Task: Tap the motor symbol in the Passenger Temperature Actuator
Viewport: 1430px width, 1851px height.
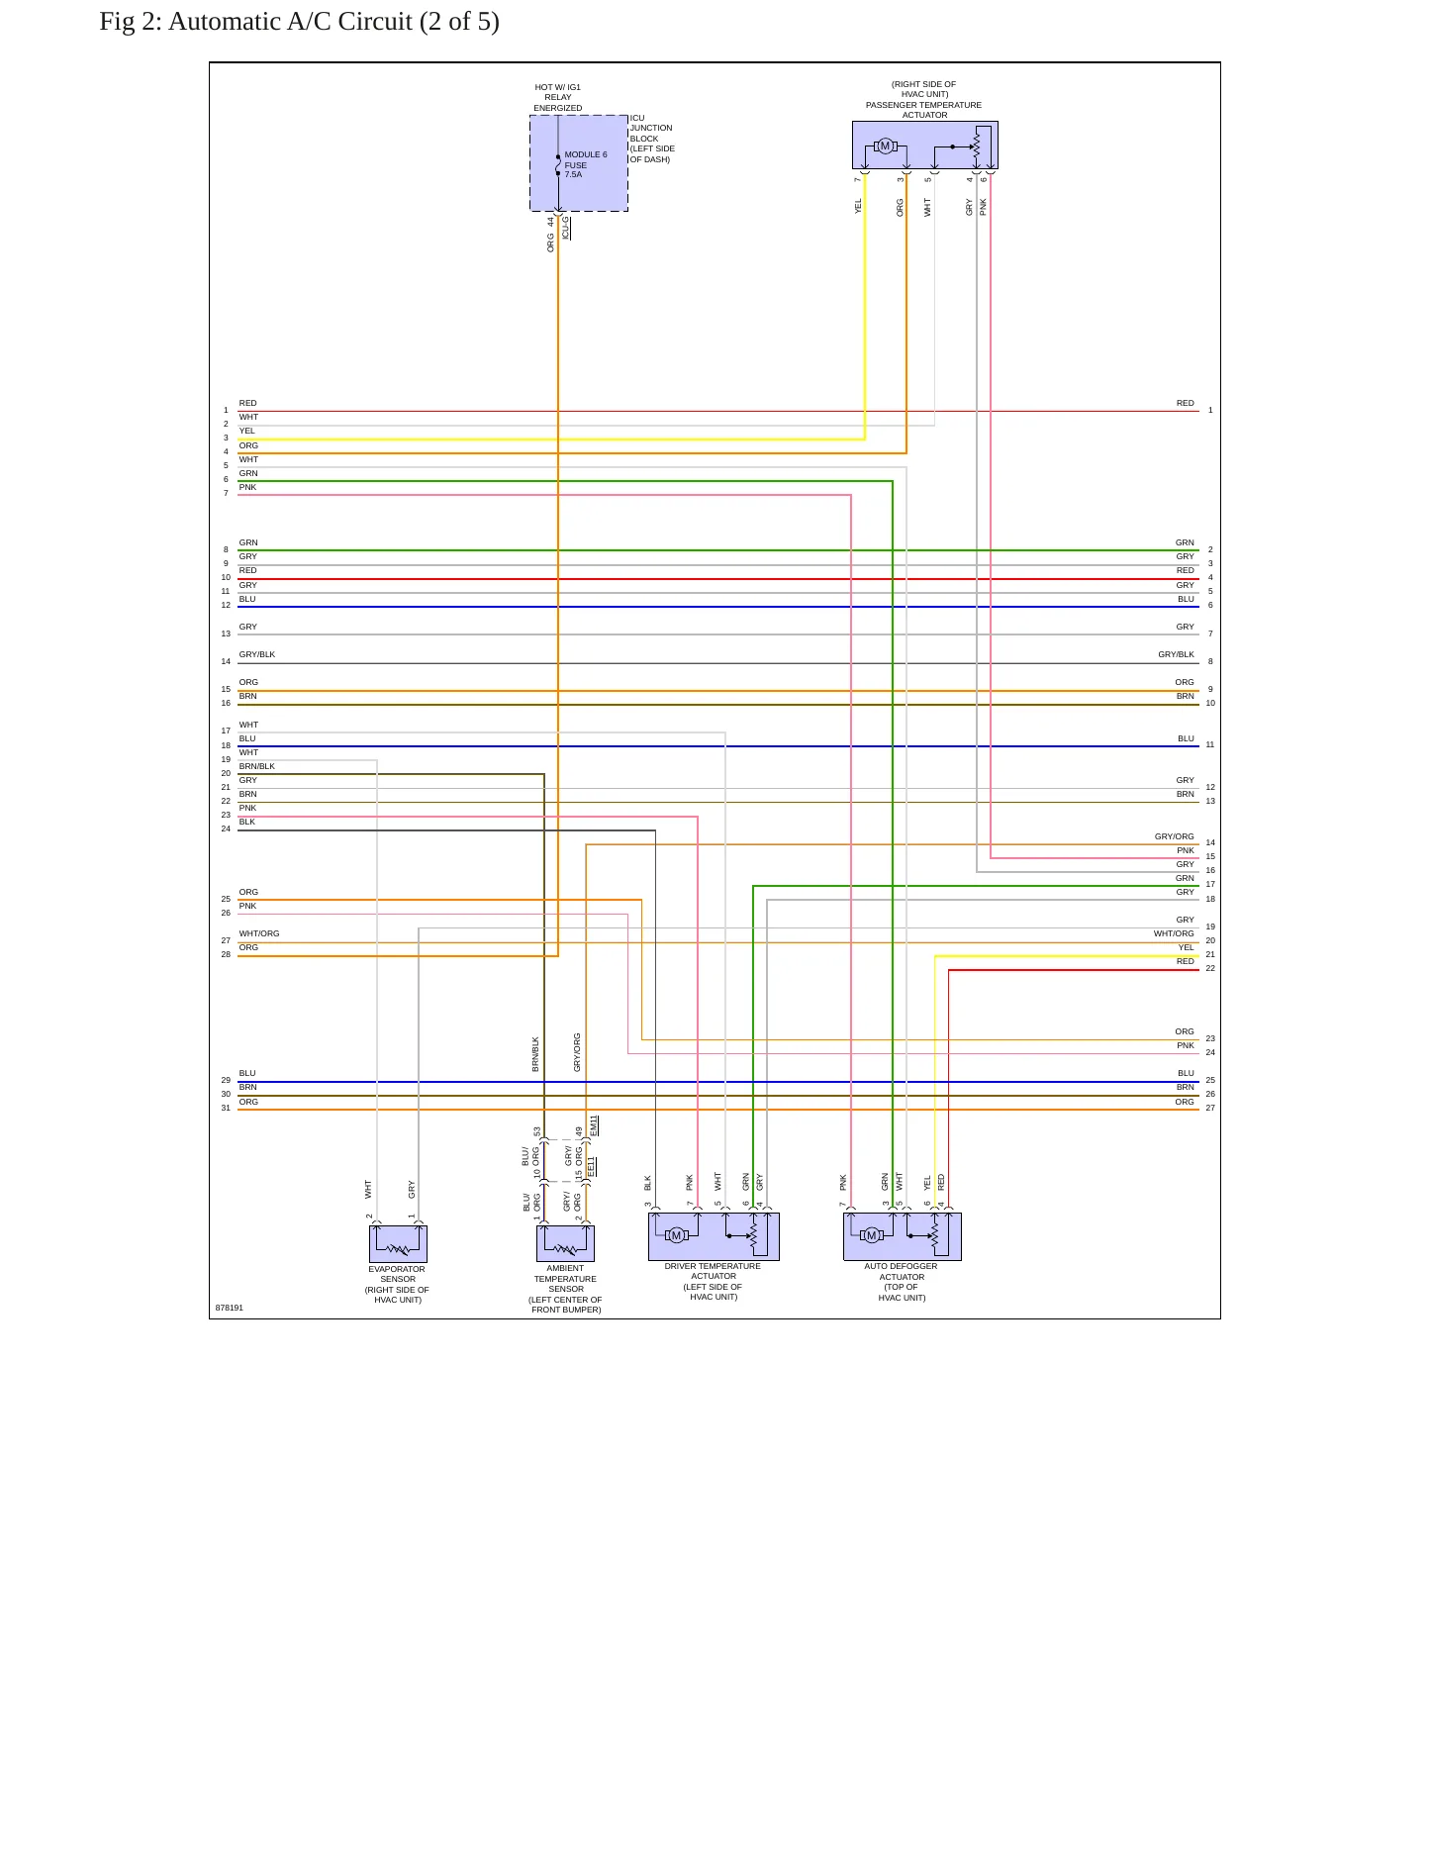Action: pyautogui.click(x=885, y=146)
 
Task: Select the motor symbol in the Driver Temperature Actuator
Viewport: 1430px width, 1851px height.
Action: pyautogui.click(x=677, y=1235)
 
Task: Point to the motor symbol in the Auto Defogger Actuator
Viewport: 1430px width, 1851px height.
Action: pyautogui.click(x=871, y=1235)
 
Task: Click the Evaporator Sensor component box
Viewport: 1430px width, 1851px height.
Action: pyautogui.click(x=398, y=1243)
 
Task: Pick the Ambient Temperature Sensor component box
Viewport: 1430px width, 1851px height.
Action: pyautogui.click(x=565, y=1243)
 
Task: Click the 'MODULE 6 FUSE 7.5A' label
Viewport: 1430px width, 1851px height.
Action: pyautogui.click(x=585, y=164)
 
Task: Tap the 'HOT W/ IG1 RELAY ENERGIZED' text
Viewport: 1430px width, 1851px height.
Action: pyautogui.click(x=558, y=97)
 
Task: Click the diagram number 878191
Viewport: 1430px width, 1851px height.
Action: pyautogui.click(x=230, y=1308)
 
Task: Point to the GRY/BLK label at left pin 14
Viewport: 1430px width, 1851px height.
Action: pyautogui.click(x=257, y=654)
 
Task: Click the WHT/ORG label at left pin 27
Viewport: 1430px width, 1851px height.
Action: pyautogui.click(x=259, y=933)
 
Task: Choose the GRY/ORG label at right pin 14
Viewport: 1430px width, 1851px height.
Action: pyautogui.click(x=1175, y=836)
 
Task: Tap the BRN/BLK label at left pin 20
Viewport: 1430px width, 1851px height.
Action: pyautogui.click(x=257, y=766)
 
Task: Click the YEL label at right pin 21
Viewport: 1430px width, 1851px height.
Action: pyautogui.click(x=1187, y=947)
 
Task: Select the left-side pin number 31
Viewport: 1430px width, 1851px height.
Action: pyautogui.click(x=226, y=1108)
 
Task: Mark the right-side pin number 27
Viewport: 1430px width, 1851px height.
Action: pyautogui.click(x=1210, y=1108)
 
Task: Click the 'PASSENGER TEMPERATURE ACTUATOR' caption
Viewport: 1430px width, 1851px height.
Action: pyautogui.click(x=924, y=110)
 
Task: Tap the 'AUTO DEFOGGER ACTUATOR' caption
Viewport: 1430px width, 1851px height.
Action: pyautogui.click(x=902, y=1271)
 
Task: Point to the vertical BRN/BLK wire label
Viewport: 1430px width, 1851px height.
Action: pyautogui.click(x=536, y=1054)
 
